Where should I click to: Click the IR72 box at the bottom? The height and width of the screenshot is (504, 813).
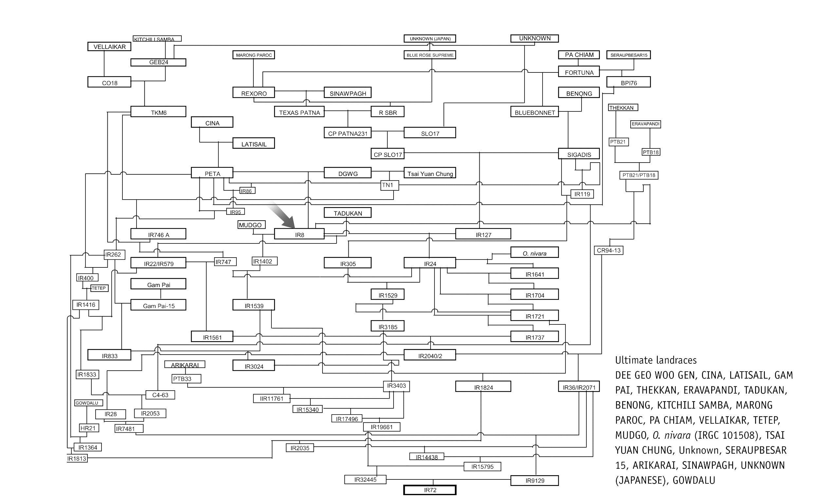click(430, 490)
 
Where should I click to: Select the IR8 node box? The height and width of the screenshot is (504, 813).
click(299, 234)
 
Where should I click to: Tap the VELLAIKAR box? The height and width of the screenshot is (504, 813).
click(109, 47)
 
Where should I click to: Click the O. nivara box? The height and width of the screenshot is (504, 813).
click(534, 253)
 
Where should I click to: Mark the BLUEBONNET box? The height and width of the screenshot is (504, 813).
click(534, 112)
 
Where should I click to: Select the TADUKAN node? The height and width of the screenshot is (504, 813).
click(347, 213)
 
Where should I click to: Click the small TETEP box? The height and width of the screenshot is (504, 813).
click(99, 288)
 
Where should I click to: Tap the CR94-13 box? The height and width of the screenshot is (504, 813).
click(608, 250)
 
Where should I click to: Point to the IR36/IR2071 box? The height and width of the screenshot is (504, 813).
click(579, 387)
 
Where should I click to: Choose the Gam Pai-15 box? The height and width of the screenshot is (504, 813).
click(158, 305)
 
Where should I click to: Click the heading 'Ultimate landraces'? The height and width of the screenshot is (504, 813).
click(656, 360)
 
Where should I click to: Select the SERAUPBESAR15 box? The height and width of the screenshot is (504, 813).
click(628, 55)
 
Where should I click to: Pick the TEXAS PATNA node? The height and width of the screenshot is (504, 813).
click(299, 112)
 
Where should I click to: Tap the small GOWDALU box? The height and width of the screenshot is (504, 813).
click(86, 403)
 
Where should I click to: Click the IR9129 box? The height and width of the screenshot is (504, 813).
click(534, 480)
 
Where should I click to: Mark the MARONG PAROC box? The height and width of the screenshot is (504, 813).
click(253, 55)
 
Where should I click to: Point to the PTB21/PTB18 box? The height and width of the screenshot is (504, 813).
click(638, 175)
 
